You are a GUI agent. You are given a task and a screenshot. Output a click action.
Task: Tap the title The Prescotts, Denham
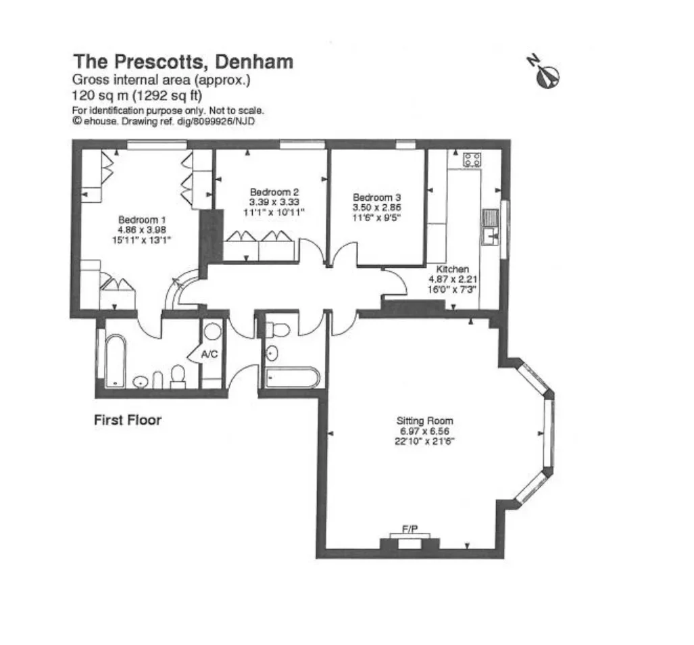click(x=183, y=62)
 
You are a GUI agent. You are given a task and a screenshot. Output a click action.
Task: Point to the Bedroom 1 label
click(x=142, y=220)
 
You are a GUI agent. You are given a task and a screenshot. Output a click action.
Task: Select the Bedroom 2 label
click(x=274, y=192)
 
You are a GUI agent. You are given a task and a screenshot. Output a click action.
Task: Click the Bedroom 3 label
click(x=376, y=197)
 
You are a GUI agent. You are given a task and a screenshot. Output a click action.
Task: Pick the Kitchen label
click(x=452, y=268)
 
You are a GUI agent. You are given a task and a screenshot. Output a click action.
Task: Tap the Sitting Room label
click(x=425, y=421)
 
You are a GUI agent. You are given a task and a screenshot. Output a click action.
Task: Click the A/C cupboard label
click(x=209, y=354)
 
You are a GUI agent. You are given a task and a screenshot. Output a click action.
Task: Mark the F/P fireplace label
click(x=410, y=529)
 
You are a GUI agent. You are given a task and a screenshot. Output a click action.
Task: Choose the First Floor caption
click(x=128, y=420)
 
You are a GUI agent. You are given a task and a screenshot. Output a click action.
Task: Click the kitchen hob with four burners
click(x=472, y=160)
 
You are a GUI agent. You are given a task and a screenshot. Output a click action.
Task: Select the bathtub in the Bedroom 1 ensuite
click(x=116, y=361)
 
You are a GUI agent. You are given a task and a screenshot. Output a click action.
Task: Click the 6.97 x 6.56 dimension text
click(x=425, y=431)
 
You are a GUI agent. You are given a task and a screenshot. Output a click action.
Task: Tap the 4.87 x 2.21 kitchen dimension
click(x=453, y=279)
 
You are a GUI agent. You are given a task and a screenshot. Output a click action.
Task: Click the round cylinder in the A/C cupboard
click(x=212, y=331)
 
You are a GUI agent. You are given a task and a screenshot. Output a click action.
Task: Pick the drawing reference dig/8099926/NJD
click(x=216, y=121)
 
